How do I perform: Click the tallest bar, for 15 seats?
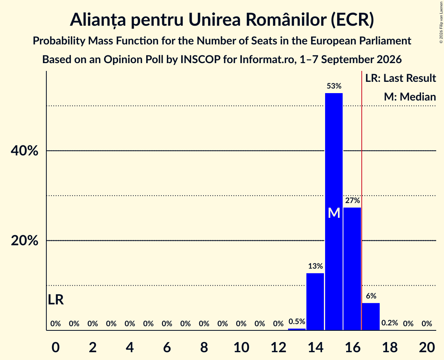pyautogui.click(x=334, y=212)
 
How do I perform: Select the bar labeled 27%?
pyautogui.click(x=352, y=269)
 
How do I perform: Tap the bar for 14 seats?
pyautogui.click(x=315, y=302)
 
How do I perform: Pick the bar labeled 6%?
pyautogui.click(x=371, y=316)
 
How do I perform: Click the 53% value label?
pyautogui.click(x=334, y=86)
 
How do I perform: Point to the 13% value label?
pyautogui.click(x=315, y=266)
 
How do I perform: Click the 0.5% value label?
pyautogui.click(x=297, y=321)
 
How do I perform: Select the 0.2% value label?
pyautogui.click(x=390, y=323)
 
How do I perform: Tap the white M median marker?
pyautogui.click(x=334, y=213)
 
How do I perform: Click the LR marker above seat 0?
pyautogui.click(x=56, y=300)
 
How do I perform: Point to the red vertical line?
pyautogui.click(x=362, y=200)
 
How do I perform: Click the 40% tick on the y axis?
pyautogui.click(x=24, y=151)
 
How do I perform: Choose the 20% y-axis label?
pyautogui.click(x=24, y=240)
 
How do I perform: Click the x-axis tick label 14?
pyautogui.click(x=315, y=347)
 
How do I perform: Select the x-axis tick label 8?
pyautogui.click(x=204, y=347)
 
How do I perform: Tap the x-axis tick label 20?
pyautogui.click(x=427, y=347)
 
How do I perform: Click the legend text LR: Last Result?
pyautogui.click(x=400, y=78)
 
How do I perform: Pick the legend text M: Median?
pyautogui.click(x=410, y=97)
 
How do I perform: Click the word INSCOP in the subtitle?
pyautogui.click(x=200, y=60)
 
